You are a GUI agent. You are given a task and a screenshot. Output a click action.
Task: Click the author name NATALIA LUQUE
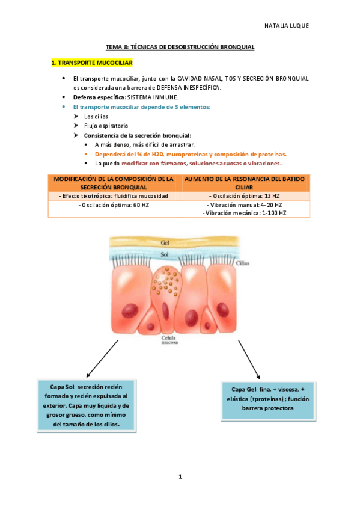(286, 26)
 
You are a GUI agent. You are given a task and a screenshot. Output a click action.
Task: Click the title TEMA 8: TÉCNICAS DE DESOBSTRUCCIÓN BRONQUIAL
(180, 46)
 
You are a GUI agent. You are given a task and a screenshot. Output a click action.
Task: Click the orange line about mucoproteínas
(191, 154)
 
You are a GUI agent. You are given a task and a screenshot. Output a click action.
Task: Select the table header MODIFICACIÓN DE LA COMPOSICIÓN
(114, 183)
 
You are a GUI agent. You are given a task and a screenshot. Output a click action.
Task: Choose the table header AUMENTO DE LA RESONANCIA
(244, 183)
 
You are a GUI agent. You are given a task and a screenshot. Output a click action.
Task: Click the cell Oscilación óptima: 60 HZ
(114, 205)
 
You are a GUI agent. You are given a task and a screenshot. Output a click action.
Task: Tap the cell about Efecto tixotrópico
(114, 196)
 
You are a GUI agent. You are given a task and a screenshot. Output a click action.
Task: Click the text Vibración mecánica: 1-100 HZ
(244, 213)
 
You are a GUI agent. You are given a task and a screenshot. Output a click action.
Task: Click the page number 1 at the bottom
(180, 477)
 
